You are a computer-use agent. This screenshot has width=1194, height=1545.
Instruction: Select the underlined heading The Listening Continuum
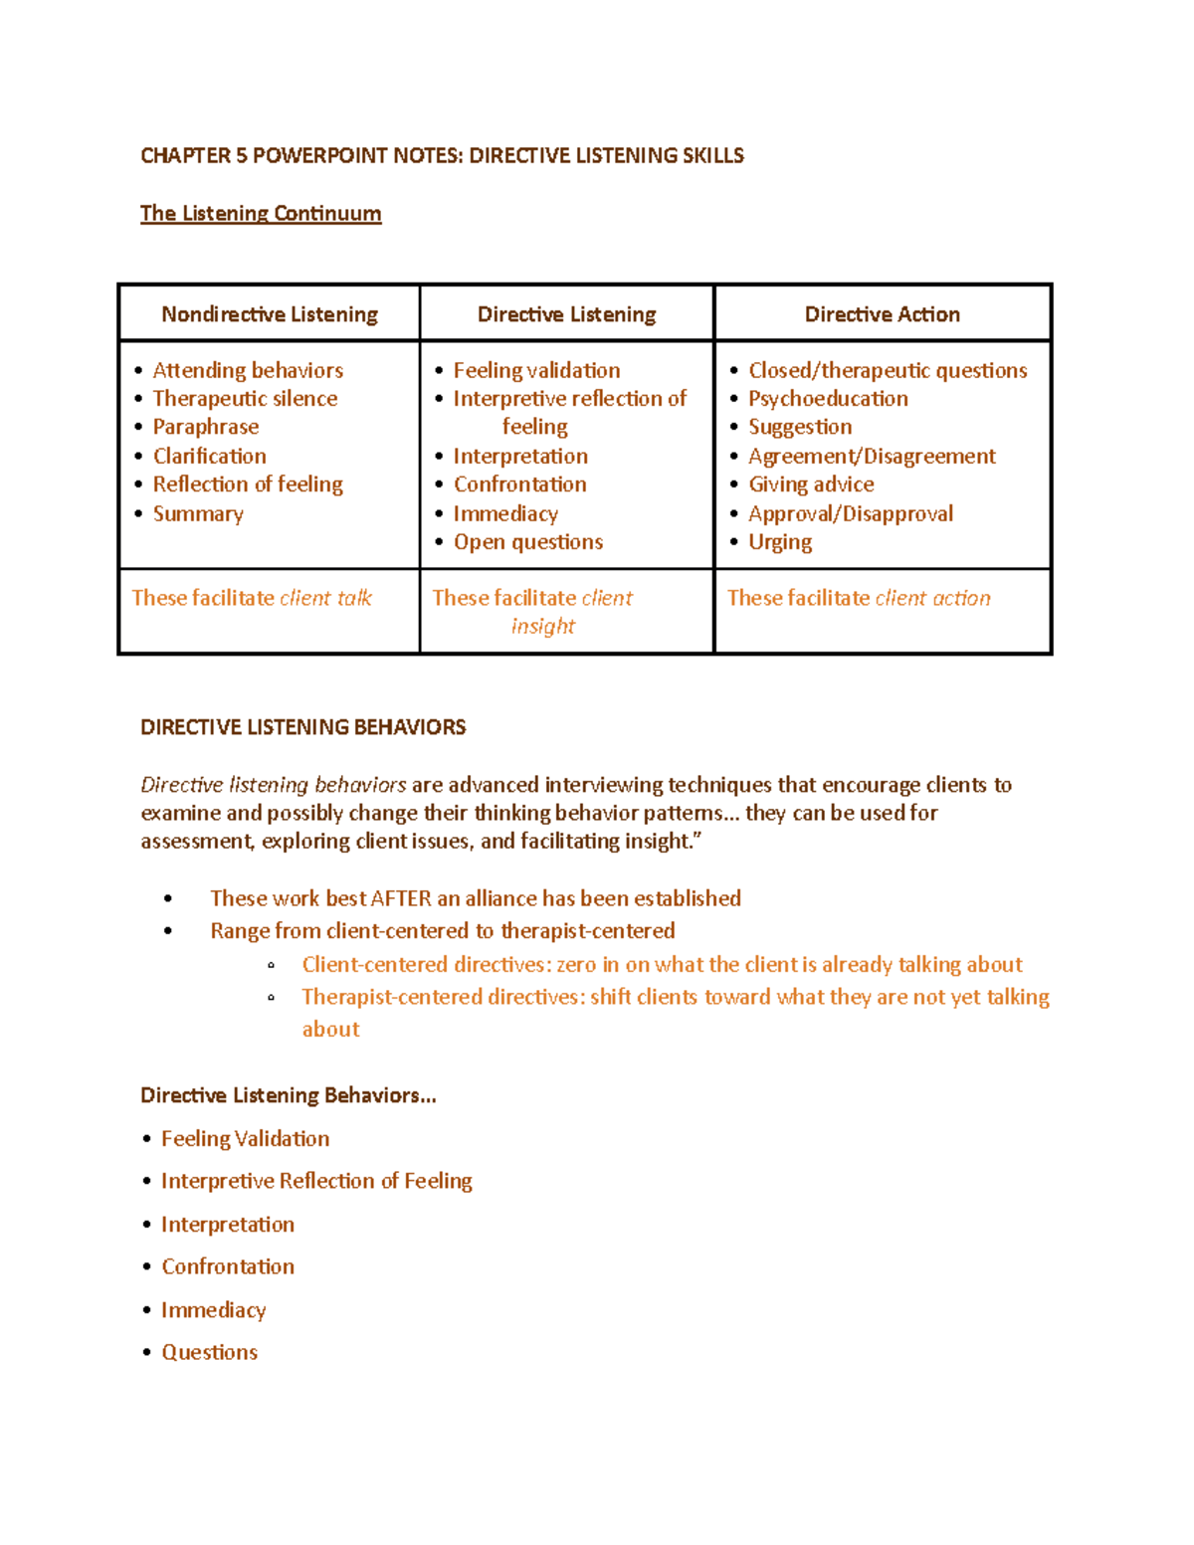(x=261, y=213)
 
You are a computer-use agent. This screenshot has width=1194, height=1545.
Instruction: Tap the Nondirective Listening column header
(x=270, y=314)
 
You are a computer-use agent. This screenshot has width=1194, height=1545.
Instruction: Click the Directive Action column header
(x=882, y=314)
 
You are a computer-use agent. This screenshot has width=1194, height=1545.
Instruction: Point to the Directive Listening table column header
(x=566, y=314)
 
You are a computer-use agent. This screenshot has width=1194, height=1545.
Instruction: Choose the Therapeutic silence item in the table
(x=245, y=398)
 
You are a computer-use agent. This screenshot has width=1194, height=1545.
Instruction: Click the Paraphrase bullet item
(x=206, y=427)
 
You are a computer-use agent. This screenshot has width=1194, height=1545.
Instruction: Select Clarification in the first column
(x=210, y=456)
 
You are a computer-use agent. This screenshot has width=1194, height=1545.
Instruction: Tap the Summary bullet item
(x=198, y=513)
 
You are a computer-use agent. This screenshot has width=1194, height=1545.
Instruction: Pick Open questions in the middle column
(x=528, y=542)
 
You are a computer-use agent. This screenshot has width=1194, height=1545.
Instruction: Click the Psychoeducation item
(x=828, y=398)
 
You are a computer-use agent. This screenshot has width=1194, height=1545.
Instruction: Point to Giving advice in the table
(x=811, y=484)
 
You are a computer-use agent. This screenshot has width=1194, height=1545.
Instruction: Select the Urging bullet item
(x=780, y=542)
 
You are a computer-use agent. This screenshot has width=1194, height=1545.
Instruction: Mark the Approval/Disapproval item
(x=851, y=513)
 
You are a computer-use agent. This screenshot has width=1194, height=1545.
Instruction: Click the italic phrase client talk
(x=326, y=598)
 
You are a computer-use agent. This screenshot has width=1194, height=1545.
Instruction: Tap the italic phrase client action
(x=932, y=598)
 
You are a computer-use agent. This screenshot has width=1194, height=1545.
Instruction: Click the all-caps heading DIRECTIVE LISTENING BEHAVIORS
(x=302, y=727)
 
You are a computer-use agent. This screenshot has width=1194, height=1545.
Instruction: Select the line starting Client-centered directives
(x=662, y=964)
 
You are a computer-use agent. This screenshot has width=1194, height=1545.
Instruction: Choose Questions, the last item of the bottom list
(x=210, y=1352)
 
